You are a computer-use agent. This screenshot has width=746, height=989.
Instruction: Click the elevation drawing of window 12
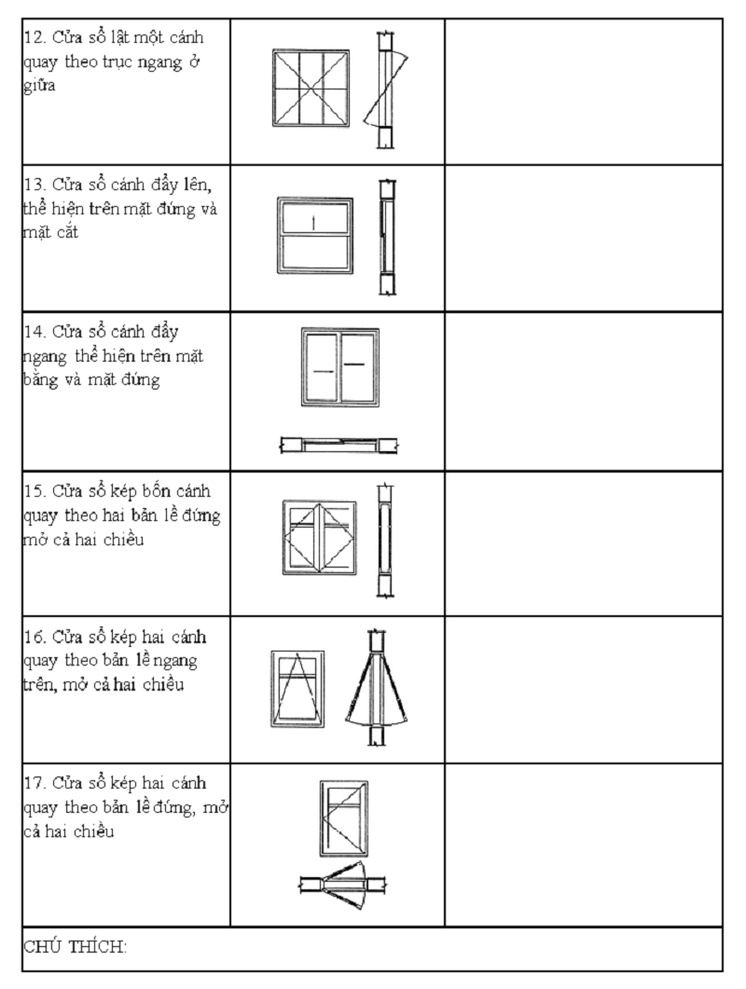tap(311, 89)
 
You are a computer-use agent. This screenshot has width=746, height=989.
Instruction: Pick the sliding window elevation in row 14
tap(339, 366)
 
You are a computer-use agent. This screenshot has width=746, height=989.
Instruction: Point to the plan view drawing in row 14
tap(339, 445)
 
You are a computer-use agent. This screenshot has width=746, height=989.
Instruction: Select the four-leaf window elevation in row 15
tap(319, 537)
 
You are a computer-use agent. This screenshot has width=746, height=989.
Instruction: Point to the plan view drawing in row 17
tap(343, 884)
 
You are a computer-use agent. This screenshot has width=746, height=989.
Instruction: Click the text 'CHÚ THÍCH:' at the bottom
tap(75, 947)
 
